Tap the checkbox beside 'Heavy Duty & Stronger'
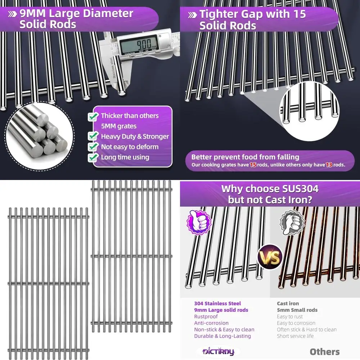tap(94, 136)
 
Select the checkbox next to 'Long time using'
tap(94, 157)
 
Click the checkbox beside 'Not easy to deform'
tap(94, 147)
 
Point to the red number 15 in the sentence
tap(253, 165)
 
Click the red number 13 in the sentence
tap(329, 165)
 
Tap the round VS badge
tap(269, 257)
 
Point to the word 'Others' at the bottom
tap(324, 352)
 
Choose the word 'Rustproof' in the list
tap(206, 316)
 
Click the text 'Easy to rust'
tap(290, 316)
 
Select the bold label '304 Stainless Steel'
tap(217, 303)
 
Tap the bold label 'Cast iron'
tap(288, 303)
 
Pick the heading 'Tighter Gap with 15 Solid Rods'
tap(252, 19)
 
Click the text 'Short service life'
tap(295, 336)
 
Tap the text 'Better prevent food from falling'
tap(245, 157)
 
